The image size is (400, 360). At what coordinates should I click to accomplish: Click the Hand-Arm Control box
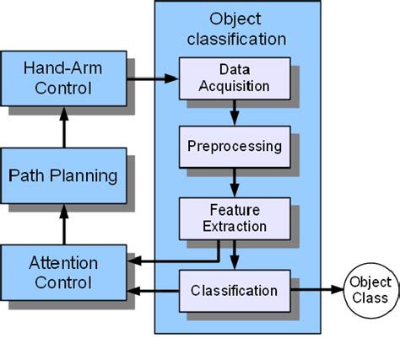63,78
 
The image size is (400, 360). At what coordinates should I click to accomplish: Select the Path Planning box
63,176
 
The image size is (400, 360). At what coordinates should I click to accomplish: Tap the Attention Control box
63,272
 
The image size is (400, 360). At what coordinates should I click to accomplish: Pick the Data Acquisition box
233,78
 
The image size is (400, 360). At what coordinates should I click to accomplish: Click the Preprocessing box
233,146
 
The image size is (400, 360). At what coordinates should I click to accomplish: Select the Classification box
233,291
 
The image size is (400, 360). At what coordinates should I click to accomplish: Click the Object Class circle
370,291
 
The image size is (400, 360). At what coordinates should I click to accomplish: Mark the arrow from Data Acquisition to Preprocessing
234,111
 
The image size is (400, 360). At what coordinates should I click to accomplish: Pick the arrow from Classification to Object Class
317,291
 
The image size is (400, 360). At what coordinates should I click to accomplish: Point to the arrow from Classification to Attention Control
152,292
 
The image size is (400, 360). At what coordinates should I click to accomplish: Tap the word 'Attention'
63,262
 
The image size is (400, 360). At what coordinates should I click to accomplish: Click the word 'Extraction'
233,225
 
